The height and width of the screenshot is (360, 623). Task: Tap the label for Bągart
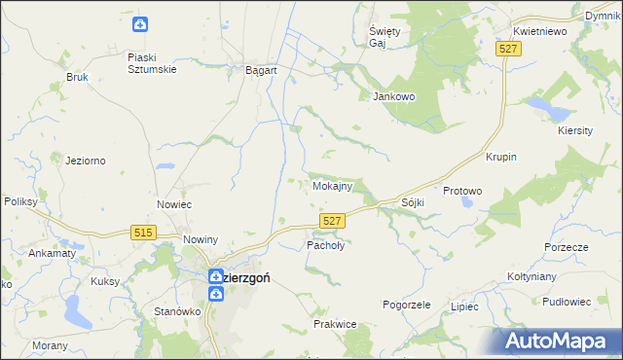click(262, 71)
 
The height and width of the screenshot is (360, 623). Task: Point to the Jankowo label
click(394, 96)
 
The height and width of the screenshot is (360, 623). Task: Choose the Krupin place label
click(500, 157)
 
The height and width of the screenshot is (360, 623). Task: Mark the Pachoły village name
click(326, 246)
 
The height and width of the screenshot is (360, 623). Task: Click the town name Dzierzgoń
click(239, 277)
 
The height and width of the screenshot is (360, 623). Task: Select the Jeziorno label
click(85, 161)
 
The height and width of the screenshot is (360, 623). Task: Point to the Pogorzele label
click(407, 305)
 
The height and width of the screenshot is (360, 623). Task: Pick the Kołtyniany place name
click(531, 276)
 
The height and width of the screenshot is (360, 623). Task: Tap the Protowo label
click(462, 192)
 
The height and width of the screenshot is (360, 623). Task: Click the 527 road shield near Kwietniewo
click(505, 48)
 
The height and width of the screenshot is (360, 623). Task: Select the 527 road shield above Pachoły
click(331, 222)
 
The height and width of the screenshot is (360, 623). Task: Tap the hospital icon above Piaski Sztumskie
click(141, 23)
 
